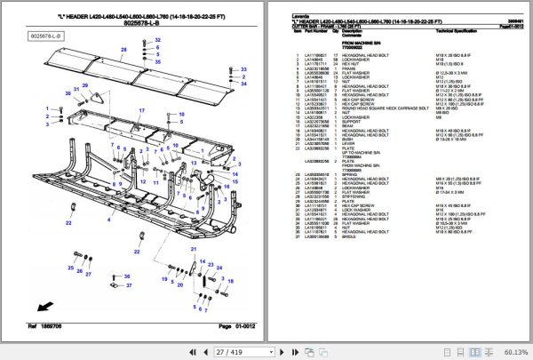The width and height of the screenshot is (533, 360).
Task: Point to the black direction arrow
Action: [41, 308]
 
